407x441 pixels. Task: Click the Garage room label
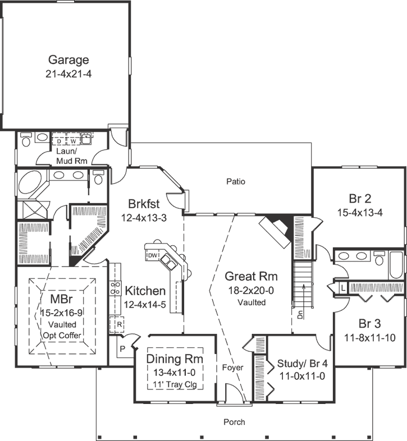coord(68,59)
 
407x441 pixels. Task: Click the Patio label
coord(236,181)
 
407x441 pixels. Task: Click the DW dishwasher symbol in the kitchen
coord(153,256)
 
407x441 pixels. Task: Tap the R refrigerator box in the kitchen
coord(120,324)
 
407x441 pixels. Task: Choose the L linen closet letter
coord(342,287)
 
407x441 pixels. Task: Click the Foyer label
coord(232,367)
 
